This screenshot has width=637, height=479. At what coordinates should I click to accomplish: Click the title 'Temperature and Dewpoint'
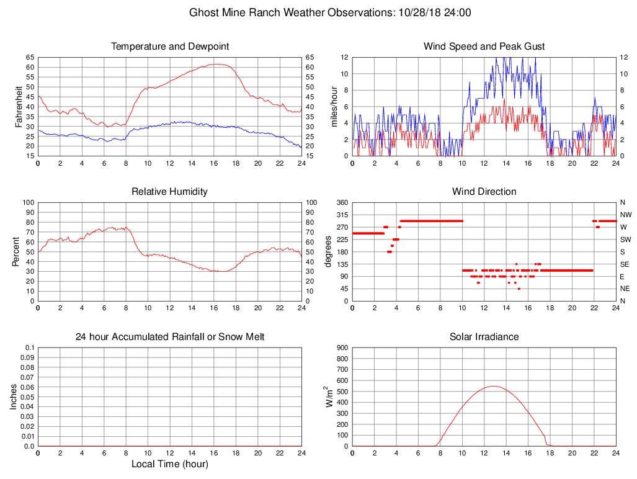[170, 47]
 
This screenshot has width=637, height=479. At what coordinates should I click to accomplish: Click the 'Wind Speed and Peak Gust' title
[484, 47]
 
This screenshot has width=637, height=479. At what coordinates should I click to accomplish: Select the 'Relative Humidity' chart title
[170, 192]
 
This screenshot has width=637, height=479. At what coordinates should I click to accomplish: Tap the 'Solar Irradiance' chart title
[484, 337]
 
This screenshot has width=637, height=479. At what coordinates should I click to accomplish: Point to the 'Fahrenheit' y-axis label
[19, 106]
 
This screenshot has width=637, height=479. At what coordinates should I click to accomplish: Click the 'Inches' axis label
[14, 396]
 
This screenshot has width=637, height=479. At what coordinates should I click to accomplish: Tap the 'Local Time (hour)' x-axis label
[170, 464]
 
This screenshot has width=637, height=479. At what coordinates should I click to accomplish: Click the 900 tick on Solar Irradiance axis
[342, 347]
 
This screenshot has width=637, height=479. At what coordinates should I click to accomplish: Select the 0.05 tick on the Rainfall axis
[27, 396]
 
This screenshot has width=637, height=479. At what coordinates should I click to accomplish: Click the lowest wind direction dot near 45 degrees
[519, 289]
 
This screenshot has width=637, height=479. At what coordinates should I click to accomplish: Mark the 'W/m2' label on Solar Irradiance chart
[329, 396]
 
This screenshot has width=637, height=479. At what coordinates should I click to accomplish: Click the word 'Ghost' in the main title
[204, 12]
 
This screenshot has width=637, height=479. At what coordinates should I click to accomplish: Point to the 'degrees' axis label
[329, 251]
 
